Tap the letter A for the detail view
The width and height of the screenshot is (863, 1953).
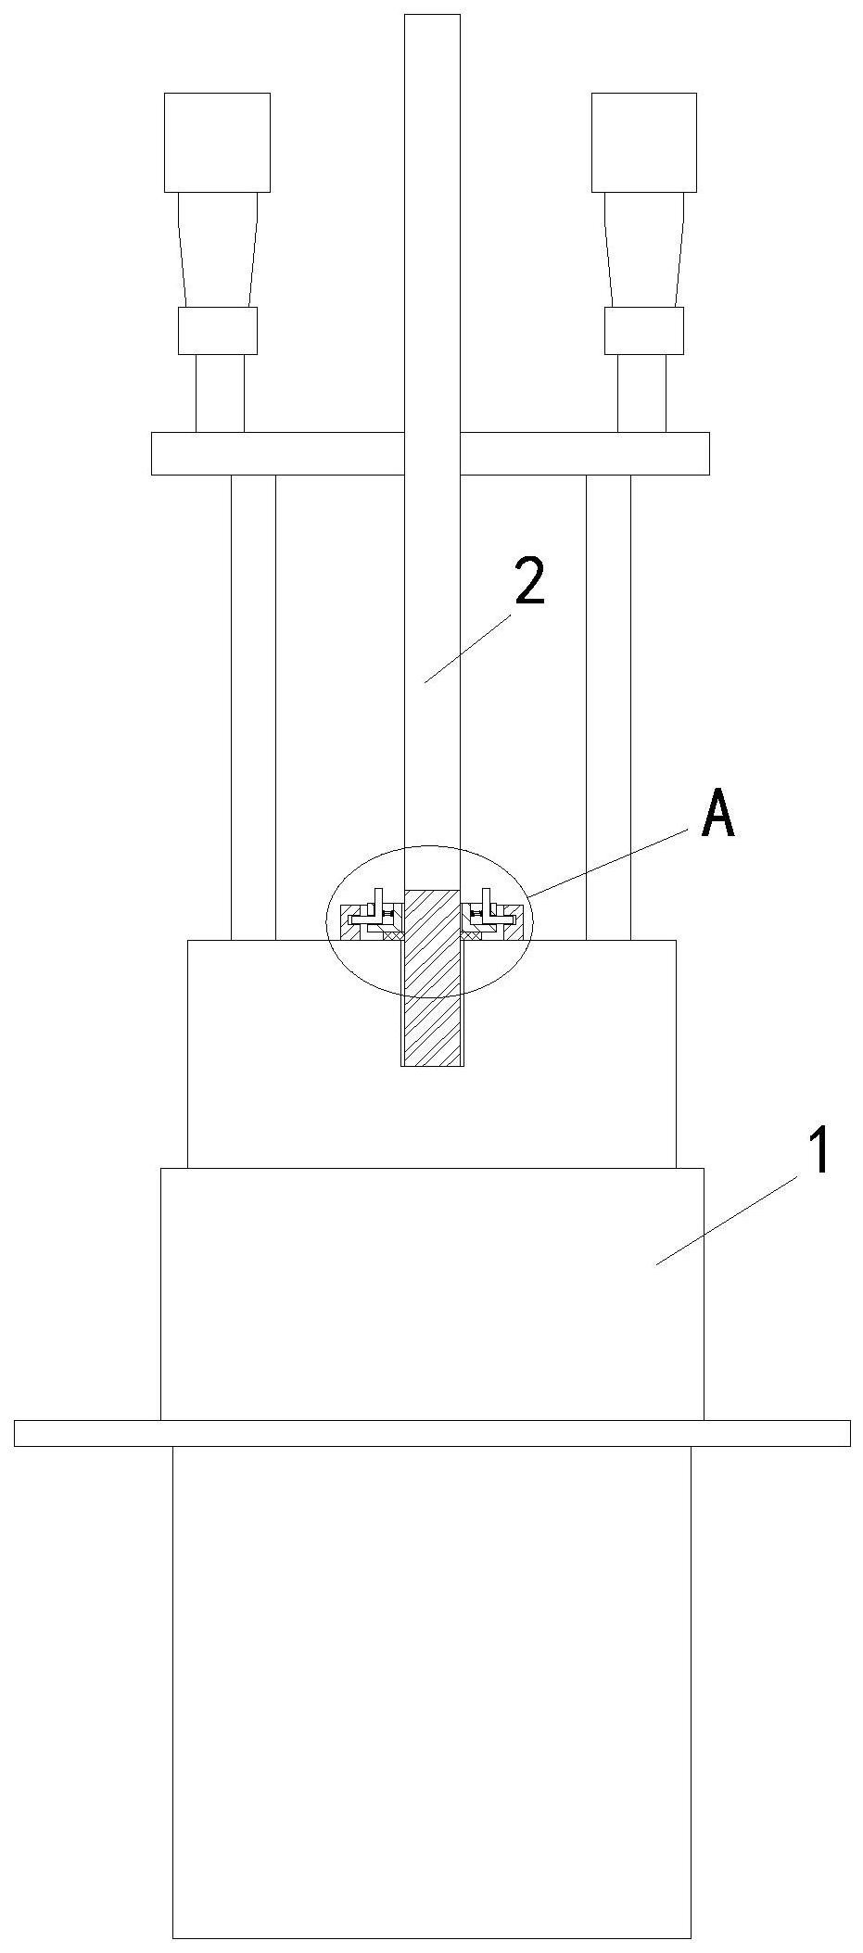tap(718, 815)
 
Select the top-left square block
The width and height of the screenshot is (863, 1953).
tap(217, 143)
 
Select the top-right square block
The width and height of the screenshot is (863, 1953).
tap(644, 143)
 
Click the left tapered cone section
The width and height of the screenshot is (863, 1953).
tap(218, 249)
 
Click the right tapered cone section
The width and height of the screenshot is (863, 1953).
tap(644, 249)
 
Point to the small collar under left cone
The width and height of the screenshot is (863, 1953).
tap(218, 331)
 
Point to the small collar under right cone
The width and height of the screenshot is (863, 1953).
tap(644, 331)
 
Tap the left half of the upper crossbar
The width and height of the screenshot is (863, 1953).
tap(278, 453)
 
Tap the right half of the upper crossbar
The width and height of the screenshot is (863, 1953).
tap(584, 453)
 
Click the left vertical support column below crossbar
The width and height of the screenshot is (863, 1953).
tap(253, 704)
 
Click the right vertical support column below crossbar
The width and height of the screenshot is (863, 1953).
tap(608, 704)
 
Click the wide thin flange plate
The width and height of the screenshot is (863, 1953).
tap(432, 1433)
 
